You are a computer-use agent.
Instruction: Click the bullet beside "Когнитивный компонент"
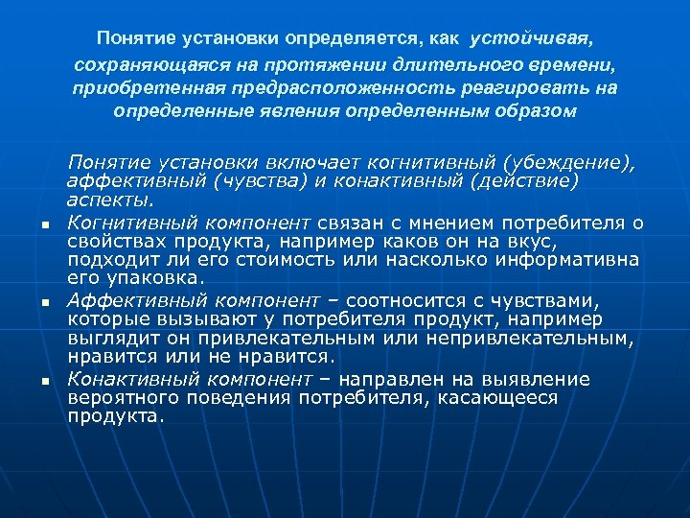coord(44,225)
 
